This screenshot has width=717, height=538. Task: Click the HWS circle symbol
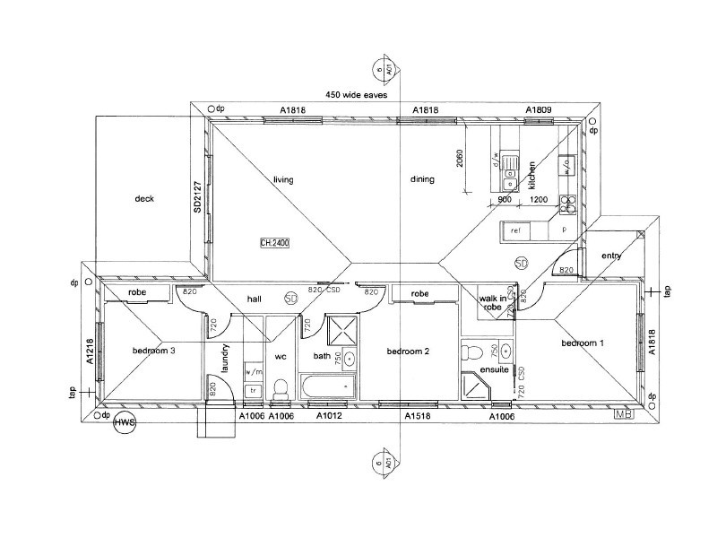(x=125, y=423)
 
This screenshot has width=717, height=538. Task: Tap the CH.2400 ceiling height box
(x=274, y=243)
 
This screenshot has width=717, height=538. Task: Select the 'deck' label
(x=146, y=199)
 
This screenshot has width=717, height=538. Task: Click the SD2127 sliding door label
(x=196, y=196)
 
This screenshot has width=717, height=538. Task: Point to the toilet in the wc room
(x=280, y=386)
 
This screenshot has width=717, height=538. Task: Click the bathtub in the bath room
(x=328, y=387)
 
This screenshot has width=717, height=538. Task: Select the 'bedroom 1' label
(x=583, y=343)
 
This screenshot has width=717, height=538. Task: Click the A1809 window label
(x=538, y=110)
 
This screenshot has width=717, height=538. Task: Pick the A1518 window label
(x=417, y=417)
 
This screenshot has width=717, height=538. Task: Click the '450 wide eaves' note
(x=357, y=94)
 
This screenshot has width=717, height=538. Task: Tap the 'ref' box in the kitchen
(x=515, y=230)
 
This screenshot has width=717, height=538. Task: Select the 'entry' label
(x=611, y=256)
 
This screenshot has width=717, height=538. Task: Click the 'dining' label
(x=422, y=180)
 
